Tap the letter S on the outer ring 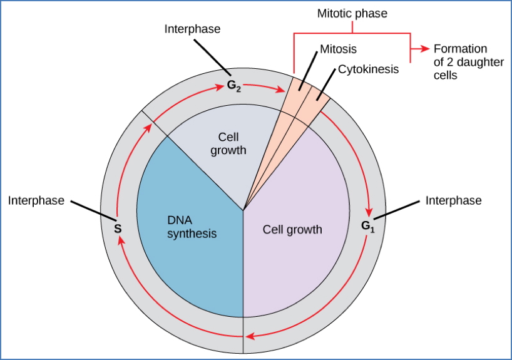pos(117,229)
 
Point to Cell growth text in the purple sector pos(292,229)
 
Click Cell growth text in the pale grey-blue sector pos(232,143)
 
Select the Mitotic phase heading pos(352,13)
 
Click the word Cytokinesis pos(368,69)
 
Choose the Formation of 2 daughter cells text pos(461,62)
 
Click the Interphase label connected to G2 pos(192,29)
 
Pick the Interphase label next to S pos(36,200)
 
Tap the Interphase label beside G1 pos(453,200)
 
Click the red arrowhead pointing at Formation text pos(426,49)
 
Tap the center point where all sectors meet pos(243,210)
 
